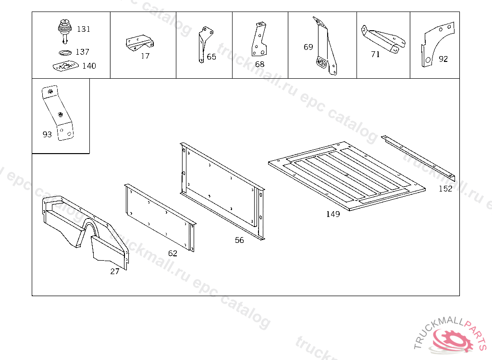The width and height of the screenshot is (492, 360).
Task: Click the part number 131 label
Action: click(x=84, y=29)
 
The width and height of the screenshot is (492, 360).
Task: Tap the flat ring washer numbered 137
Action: click(x=65, y=52)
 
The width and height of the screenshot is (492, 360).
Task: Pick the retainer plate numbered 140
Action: click(x=65, y=66)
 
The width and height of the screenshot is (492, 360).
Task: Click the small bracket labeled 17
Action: click(x=140, y=42)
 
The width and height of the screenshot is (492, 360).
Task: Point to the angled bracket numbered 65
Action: click(x=205, y=44)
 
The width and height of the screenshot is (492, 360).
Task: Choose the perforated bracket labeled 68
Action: click(x=259, y=39)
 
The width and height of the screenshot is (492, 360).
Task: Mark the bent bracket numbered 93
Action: click(x=58, y=113)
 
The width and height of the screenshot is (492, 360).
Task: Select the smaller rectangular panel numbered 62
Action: click(x=160, y=217)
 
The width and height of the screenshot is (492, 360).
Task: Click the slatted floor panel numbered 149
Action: click(x=347, y=176)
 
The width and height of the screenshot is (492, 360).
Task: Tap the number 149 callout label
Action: click(x=333, y=214)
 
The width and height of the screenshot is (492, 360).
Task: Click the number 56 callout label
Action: click(x=239, y=240)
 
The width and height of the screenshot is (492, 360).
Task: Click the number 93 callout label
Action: click(x=47, y=134)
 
